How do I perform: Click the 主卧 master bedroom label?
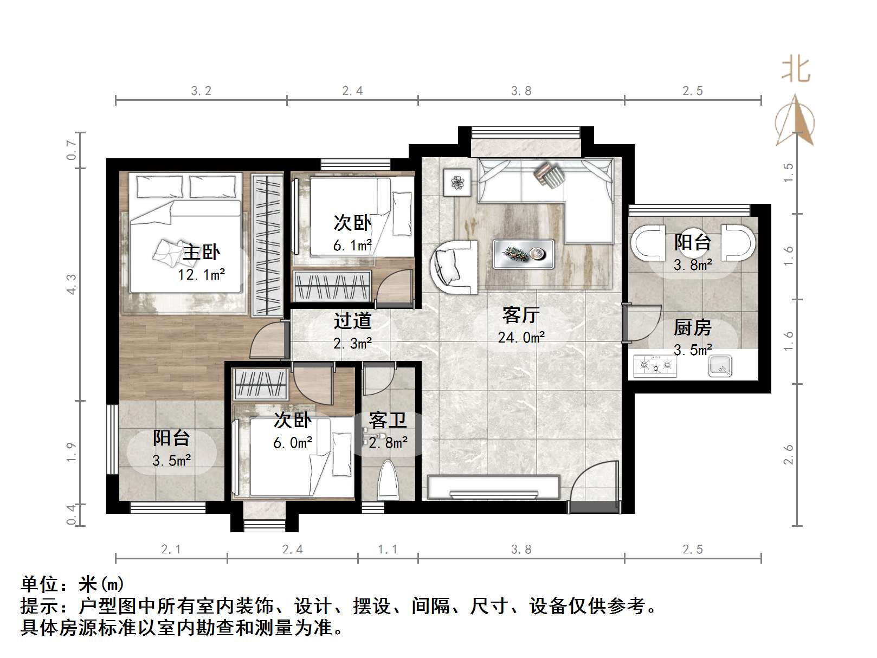click(201, 252)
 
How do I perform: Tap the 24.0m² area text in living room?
click(521, 338)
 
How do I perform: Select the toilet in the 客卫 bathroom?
click(388, 480)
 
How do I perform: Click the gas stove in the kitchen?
click(656, 366)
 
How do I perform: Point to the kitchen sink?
click(720, 366)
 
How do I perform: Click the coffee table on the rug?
click(523, 254)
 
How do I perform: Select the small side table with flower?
click(459, 182)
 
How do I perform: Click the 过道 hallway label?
click(352, 321)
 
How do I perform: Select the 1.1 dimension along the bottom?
click(388, 550)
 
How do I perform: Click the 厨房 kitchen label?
click(692, 327)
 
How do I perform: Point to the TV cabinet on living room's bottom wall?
click(493, 486)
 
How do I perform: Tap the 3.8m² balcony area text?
click(693, 265)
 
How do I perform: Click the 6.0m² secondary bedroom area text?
click(293, 443)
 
